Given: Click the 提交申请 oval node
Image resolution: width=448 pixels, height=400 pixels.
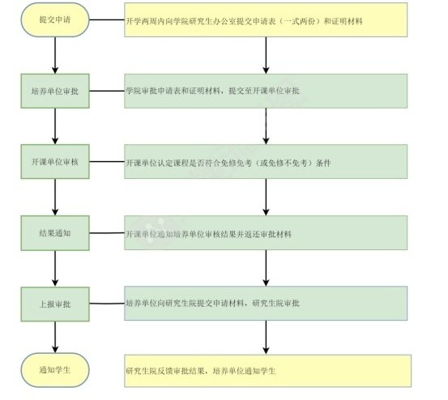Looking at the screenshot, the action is click(55, 19).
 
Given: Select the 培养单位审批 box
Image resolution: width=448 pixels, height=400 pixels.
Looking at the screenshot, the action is click(55, 91).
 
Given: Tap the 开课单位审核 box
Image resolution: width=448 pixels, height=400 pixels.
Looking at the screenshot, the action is click(55, 162).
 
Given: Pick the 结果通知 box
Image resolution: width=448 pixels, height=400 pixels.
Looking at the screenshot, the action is click(55, 233).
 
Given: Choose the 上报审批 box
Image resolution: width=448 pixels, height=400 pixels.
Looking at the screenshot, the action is click(55, 304).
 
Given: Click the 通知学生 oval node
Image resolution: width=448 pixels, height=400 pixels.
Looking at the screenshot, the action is click(55, 370).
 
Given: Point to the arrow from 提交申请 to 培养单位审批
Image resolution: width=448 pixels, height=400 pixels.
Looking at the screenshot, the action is click(55, 55).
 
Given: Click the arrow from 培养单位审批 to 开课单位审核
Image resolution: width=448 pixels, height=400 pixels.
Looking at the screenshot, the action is click(55, 126).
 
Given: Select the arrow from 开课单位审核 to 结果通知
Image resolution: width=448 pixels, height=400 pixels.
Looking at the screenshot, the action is click(55, 198).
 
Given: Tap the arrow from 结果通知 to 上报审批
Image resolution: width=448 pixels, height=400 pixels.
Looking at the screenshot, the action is click(55, 269).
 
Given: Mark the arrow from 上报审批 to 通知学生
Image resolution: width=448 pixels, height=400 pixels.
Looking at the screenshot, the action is click(55, 337).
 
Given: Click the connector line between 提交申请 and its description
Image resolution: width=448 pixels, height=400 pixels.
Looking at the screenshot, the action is click(107, 20).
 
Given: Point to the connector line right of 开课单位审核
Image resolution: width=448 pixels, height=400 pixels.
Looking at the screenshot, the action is click(107, 162).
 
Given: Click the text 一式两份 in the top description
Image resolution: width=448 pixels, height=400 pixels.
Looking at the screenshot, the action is click(300, 21).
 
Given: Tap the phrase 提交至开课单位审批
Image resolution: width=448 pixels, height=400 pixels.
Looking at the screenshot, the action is click(264, 91).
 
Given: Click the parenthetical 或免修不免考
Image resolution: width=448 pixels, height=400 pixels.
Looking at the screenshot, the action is click(284, 163).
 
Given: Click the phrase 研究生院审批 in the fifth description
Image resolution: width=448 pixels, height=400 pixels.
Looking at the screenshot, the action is click(276, 303).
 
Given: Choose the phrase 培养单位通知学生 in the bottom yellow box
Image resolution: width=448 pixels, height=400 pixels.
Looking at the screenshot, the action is click(245, 371).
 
